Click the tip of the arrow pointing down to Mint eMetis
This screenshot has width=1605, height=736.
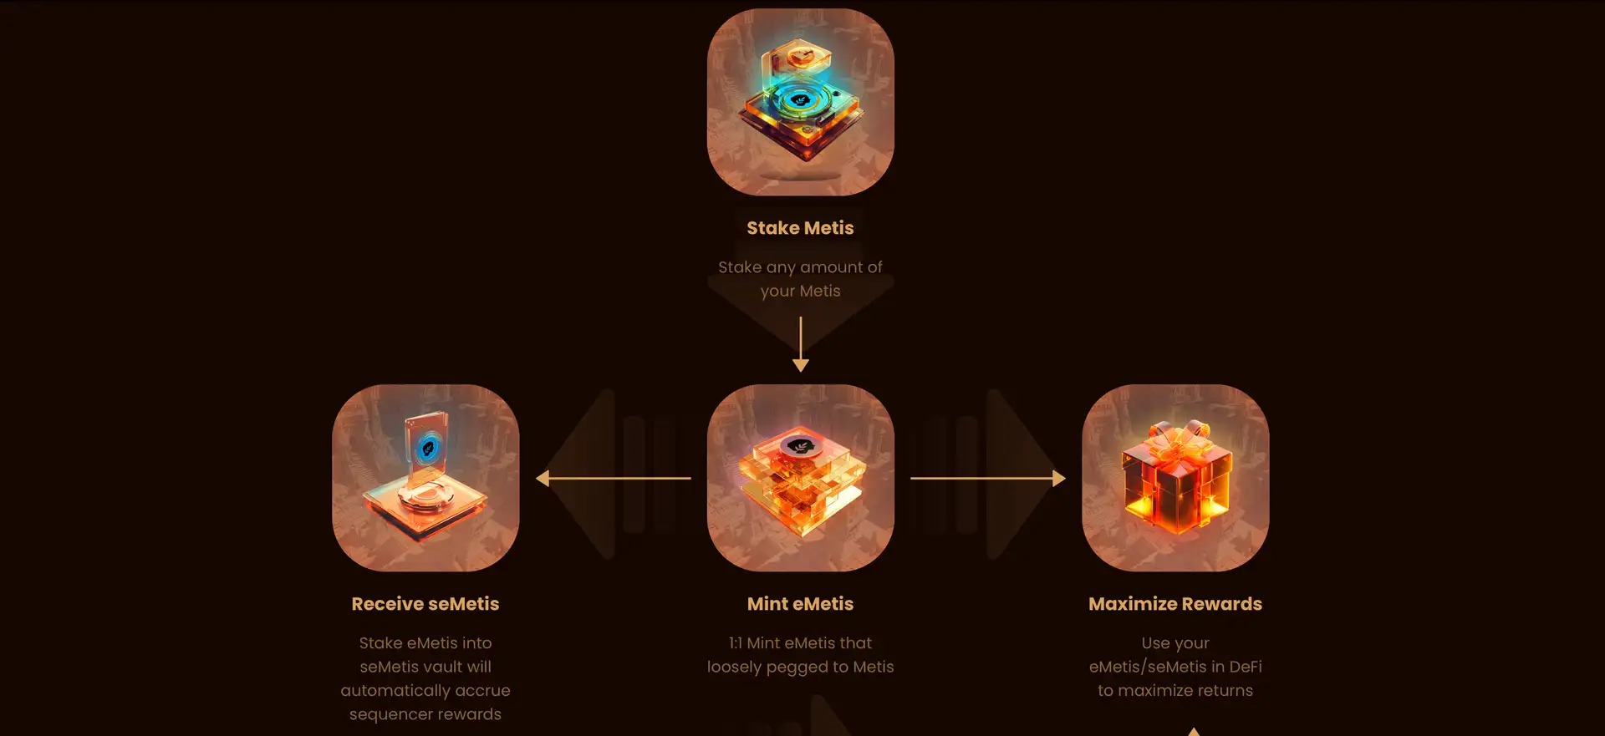(x=801, y=372)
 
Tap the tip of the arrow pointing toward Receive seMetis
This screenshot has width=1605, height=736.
(x=536, y=478)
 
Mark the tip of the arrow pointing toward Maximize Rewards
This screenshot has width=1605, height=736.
(x=1066, y=478)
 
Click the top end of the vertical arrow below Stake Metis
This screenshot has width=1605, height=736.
(x=801, y=317)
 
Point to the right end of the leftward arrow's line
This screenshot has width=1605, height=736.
(x=691, y=478)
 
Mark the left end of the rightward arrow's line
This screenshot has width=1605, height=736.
(x=910, y=478)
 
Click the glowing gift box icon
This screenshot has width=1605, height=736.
(x=1175, y=479)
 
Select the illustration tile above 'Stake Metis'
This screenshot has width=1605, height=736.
(x=801, y=102)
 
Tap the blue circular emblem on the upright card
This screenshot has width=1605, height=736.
(x=429, y=448)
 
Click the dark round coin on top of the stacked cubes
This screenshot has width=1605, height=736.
(x=800, y=446)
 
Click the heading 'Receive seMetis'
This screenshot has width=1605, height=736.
(x=425, y=604)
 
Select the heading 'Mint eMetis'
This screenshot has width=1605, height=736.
(x=801, y=604)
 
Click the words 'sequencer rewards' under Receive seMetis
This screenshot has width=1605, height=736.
(x=425, y=714)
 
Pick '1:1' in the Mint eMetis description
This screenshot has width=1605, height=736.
(x=735, y=643)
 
